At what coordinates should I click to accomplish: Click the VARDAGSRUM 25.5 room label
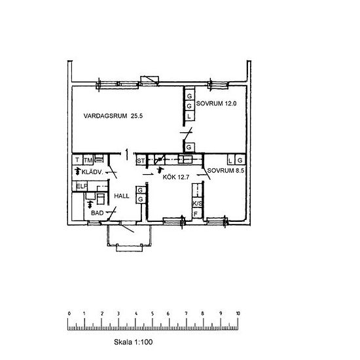tap(113, 116)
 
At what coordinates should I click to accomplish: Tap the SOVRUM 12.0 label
tap(216, 103)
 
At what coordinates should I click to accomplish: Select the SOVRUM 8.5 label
tap(225, 171)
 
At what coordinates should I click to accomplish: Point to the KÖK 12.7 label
tap(176, 177)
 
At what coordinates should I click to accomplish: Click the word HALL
tap(122, 196)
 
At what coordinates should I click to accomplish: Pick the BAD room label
tap(97, 213)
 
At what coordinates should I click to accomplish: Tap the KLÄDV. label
tap(92, 172)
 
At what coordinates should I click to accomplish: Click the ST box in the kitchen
tap(141, 160)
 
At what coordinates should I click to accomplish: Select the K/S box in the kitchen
tap(198, 203)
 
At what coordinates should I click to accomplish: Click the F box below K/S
tap(197, 213)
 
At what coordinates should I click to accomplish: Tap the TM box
tap(88, 160)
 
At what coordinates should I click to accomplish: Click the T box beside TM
tap(77, 160)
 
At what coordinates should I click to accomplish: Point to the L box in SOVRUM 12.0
tap(189, 116)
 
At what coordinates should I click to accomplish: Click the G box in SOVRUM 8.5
tap(240, 160)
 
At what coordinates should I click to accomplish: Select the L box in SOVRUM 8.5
tap(231, 160)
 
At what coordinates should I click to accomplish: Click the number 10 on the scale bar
tap(238, 314)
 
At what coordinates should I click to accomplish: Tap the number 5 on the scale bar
tap(153, 314)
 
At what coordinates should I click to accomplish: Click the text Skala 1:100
tap(133, 342)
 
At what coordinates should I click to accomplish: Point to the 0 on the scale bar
tap(69, 314)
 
